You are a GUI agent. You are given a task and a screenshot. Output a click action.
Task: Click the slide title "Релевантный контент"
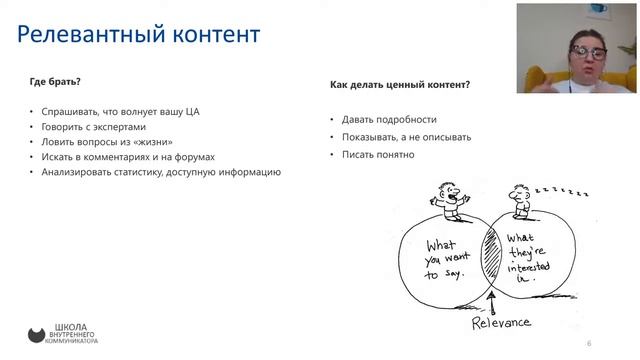(139, 34)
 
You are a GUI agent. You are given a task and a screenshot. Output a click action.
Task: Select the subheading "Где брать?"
(55, 82)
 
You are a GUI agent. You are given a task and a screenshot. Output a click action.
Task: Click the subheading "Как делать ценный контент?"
(400, 85)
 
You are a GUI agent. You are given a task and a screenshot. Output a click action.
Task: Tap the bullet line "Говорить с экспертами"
(93, 127)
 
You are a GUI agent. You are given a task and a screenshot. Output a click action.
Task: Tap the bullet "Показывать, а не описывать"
(406, 137)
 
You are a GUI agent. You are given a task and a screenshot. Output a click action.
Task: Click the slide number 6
(589, 343)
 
